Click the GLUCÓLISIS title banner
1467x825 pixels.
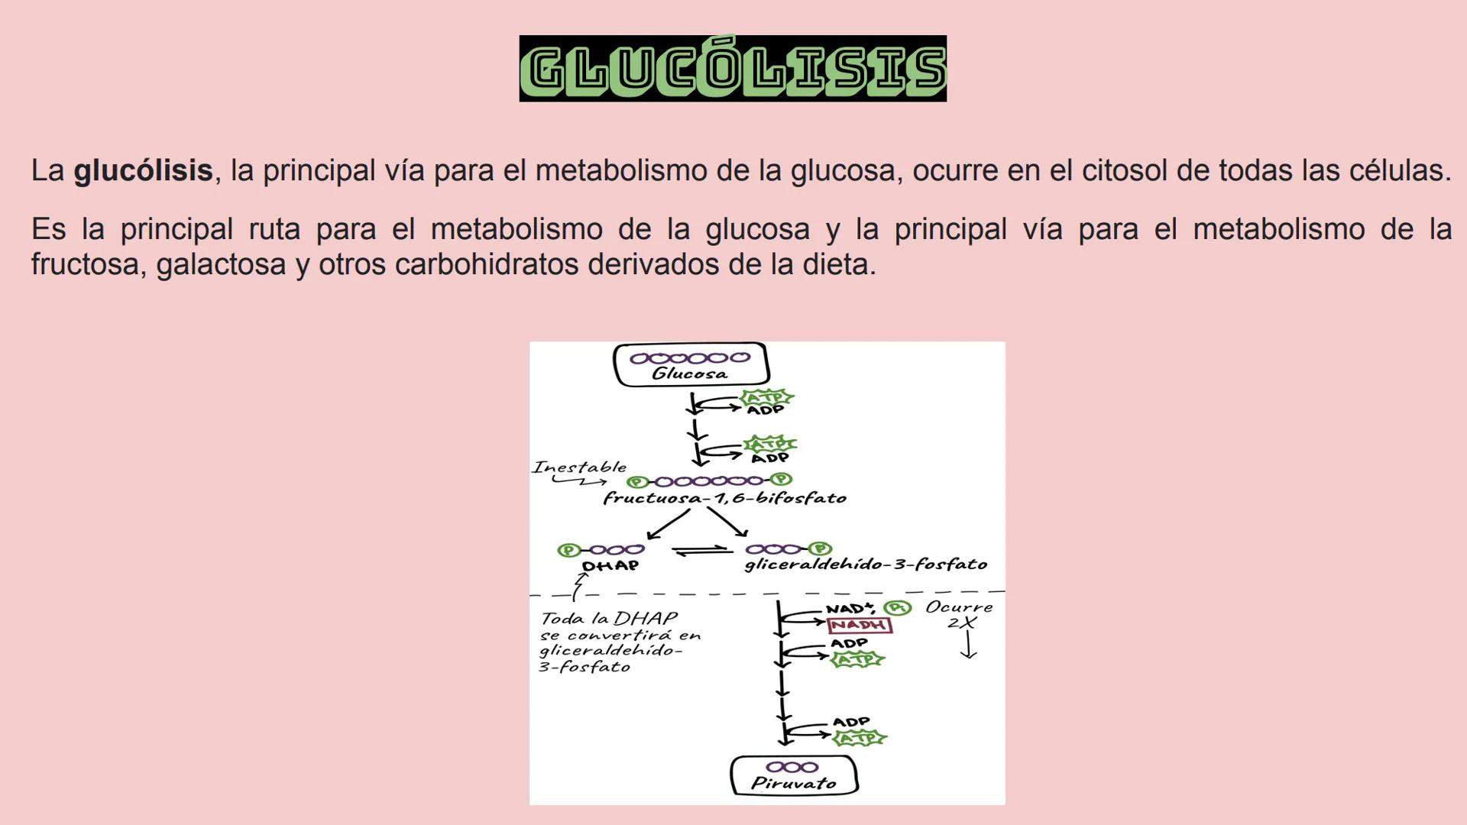pos(733,69)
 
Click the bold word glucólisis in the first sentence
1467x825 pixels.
pos(143,170)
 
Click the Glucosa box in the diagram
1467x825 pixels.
pos(691,364)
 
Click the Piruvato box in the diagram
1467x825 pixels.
pos(794,775)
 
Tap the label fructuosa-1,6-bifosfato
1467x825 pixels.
pos(724,499)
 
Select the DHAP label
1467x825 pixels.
pos(610,566)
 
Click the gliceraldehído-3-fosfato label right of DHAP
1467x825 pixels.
pos(866,565)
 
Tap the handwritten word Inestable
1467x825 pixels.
pos(579,467)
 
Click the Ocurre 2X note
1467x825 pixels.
pos(960,614)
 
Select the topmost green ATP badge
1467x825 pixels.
pos(766,397)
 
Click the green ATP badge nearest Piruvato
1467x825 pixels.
pos(860,739)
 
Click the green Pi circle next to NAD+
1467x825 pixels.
pos(898,608)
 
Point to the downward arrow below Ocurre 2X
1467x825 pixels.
pos(968,645)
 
